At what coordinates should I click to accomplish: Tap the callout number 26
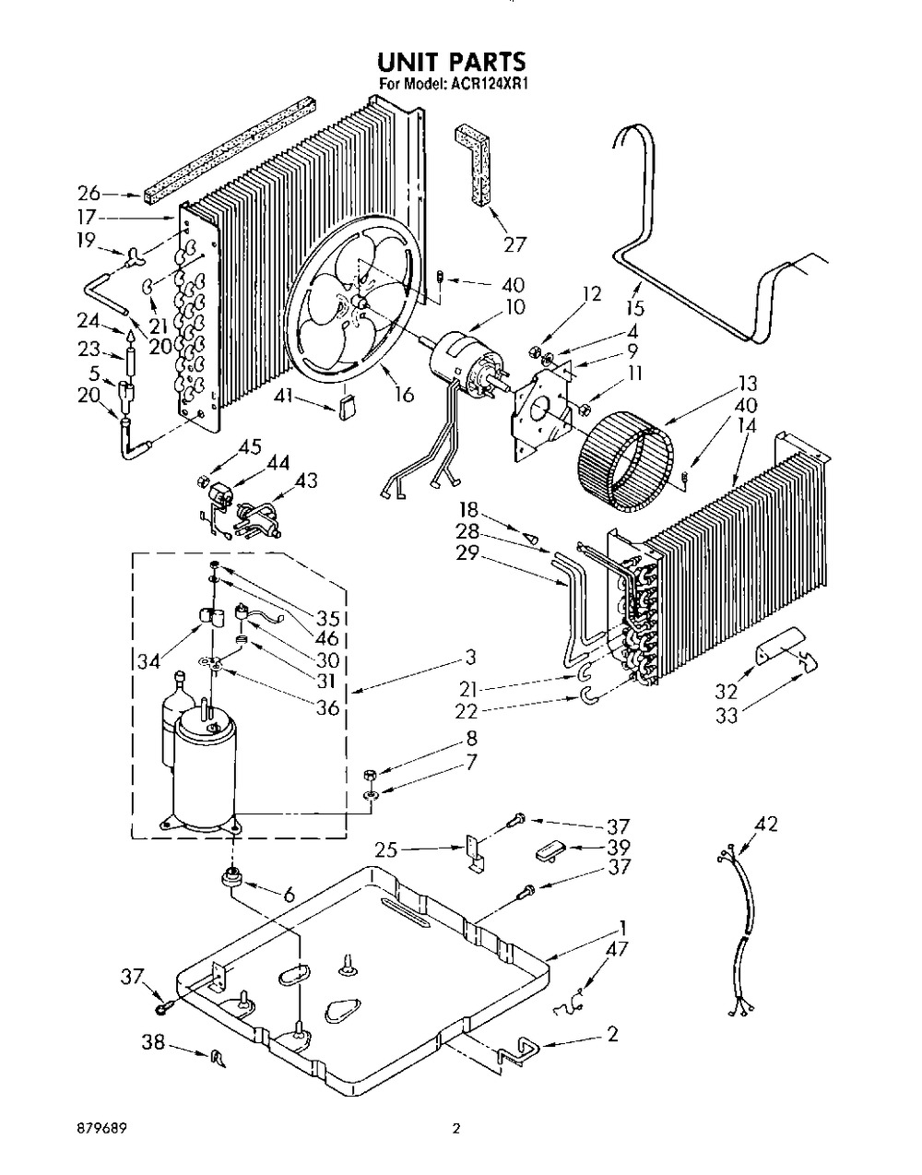click(89, 193)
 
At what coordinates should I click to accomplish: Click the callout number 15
click(635, 308)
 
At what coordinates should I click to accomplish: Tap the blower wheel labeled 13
click(628, 469)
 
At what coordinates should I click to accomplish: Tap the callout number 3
click(471, 658)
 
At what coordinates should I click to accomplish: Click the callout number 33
click(727, 716)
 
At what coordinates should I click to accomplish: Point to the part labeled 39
click(549, 854)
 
